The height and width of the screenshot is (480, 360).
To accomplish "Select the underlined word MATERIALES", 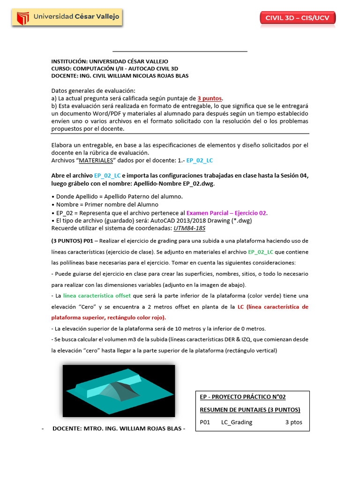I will [x=96, y=160].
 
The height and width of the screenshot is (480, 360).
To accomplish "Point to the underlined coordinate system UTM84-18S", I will [x=189, y=228].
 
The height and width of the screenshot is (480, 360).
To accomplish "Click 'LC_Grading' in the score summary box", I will [x=236, y=422].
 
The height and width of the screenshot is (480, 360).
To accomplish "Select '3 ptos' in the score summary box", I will [x=293, y=422].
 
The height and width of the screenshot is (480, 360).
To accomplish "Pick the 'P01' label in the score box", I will [x=205, y=422].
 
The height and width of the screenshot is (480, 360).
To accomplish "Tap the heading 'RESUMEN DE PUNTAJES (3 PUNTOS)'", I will [x=250, y=410].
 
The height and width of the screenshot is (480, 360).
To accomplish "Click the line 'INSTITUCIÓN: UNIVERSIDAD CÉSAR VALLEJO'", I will [x=110, y=61].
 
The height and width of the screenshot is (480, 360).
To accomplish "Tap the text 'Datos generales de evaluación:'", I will [x=93, y=90].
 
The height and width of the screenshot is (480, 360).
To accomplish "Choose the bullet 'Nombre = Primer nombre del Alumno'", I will [x=107, y=204].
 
